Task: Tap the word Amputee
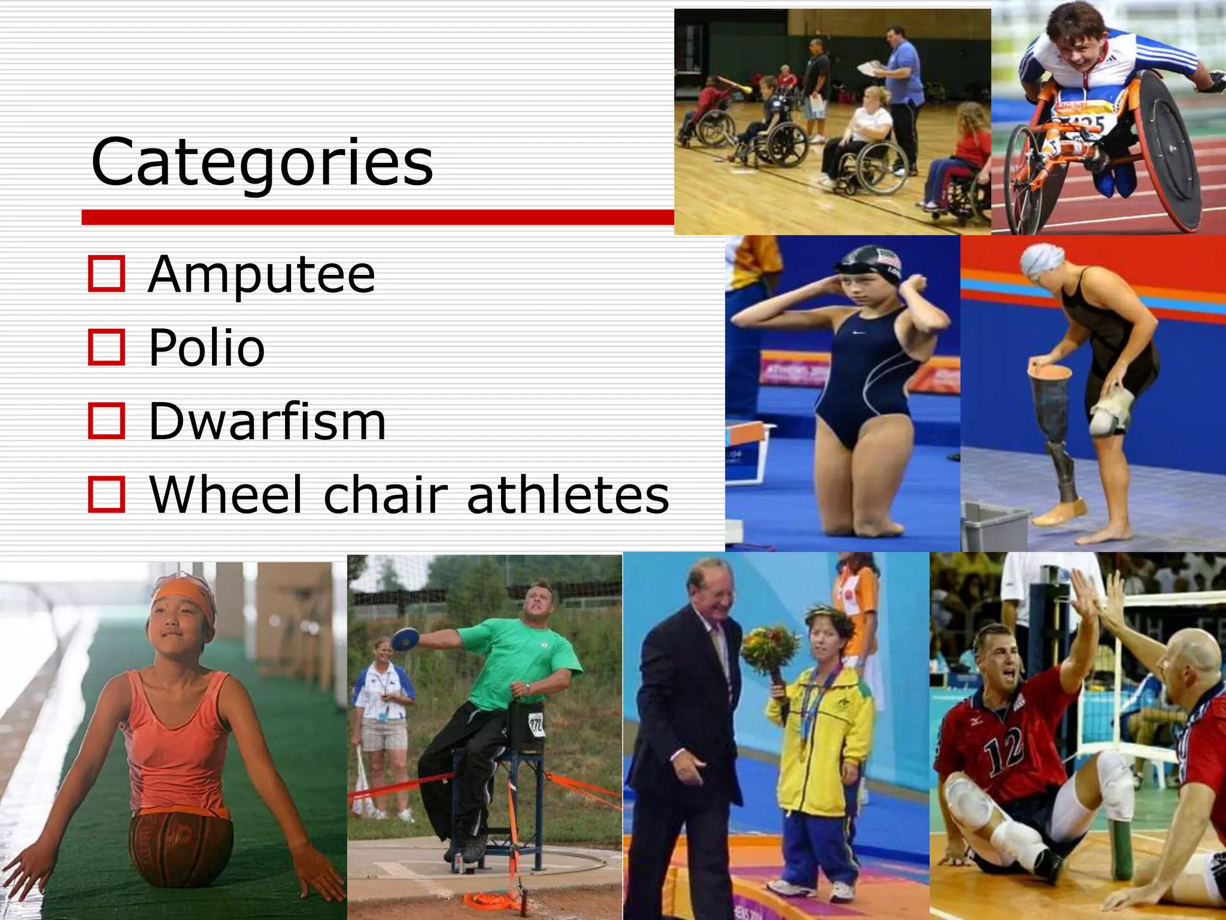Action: pos(262,275)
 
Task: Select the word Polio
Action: pos(207,348)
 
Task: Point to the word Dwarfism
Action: pos(267,422)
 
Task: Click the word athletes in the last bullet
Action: pos(568,495)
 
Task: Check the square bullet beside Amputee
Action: pos(107,274)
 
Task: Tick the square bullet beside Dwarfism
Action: pos(107,421)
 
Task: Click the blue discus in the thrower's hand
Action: pos(406,638)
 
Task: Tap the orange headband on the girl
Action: pos(180,591)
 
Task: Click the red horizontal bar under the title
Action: pos(378,217)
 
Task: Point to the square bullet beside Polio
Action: pos(107,347)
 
